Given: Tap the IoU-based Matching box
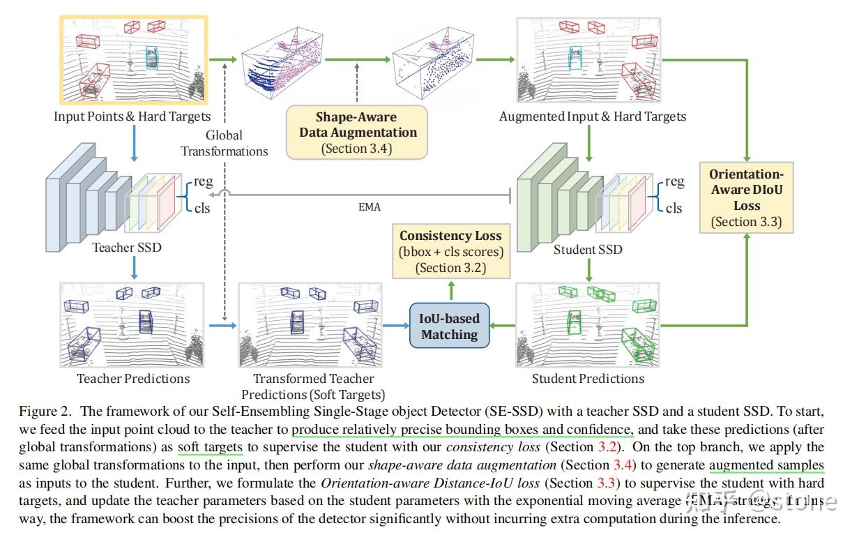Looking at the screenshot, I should click(450, 326).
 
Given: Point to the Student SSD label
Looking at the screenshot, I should click(587, 249).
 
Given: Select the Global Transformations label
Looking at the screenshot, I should click(224, 143).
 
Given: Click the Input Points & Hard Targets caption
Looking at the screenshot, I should click(132, 116).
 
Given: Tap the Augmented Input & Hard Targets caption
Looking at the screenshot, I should click(592, 116).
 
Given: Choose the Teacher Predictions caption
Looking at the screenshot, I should click(132, 378).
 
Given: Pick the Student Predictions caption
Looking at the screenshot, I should click(588, 378).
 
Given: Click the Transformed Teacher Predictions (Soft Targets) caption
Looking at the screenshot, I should click(313, 386).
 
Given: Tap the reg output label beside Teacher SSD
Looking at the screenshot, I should click(204, 181).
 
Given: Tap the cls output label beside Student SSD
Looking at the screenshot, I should click(674, 208).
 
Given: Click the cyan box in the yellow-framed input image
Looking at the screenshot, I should click(152, 57).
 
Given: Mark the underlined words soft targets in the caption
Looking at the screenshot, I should click(210, 446).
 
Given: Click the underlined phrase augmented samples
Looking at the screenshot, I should click(766, 465).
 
